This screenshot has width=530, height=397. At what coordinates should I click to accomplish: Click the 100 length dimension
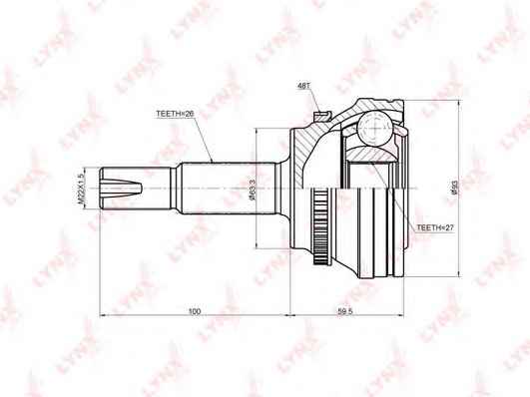coord(195,312)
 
